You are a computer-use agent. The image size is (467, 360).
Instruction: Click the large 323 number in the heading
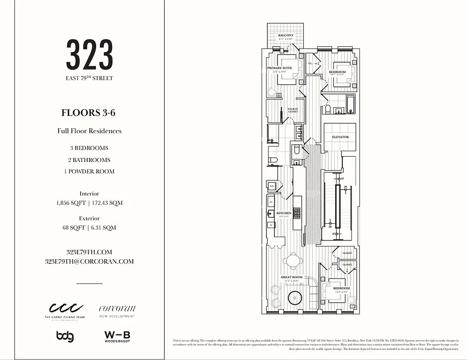tap(90, 54)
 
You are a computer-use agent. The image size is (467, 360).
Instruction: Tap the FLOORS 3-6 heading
tap(88, 112)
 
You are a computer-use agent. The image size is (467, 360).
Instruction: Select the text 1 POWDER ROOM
tap(88, 171)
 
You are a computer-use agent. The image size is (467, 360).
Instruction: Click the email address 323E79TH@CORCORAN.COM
tap(89, 261)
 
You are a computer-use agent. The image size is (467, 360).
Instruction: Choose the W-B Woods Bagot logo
tap(117, 336)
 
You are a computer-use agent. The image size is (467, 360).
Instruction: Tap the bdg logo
tap(65, 336)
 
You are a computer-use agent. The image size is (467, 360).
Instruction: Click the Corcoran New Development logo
tap(117, 311)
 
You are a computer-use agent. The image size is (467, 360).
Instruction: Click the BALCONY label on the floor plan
tap(286, 36)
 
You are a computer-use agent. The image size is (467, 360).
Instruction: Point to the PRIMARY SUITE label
tap(279, 68)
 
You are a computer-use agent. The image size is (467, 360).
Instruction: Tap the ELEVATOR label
tap(340, 137)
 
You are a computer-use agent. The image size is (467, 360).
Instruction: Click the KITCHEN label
tap(283, 213)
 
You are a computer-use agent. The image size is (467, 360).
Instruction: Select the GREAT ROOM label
tap(292, 277)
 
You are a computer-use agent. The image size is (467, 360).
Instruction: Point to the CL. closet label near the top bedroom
tap(310, 64)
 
